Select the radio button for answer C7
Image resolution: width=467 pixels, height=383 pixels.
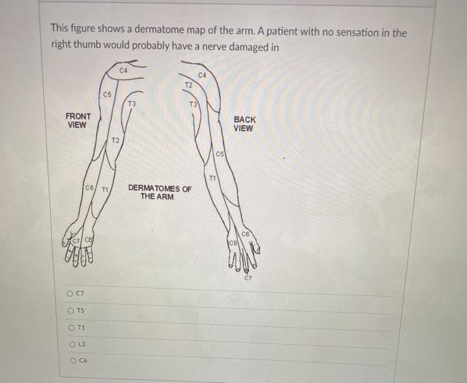point(70,294)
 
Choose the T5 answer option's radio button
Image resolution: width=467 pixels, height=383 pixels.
point(70,310)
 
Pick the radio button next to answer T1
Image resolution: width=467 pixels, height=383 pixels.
point(70,327)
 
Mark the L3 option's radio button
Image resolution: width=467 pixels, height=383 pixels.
point(70,344)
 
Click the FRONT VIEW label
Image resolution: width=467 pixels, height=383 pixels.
point(78,120)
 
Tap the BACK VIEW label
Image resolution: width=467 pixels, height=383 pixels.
point(244,124)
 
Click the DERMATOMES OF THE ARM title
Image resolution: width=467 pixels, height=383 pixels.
point(159,192)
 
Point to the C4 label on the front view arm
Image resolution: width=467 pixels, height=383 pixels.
point(123,70)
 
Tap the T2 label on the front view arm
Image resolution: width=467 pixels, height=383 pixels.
point(115,141)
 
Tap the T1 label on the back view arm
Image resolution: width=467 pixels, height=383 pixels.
point(213,178)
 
